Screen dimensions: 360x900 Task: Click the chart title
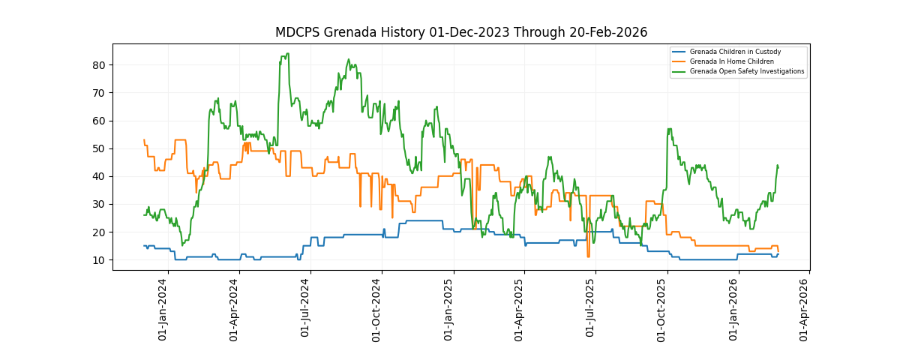460,32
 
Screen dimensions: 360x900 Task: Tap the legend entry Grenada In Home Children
730,61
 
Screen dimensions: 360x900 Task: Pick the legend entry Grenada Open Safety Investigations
747,71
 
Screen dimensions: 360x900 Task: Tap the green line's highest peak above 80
286,54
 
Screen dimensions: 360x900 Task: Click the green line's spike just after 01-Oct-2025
668,129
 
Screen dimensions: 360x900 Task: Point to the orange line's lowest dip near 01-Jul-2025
588,256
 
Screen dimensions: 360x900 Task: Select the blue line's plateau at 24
424,220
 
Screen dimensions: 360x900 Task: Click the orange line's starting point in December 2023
144,140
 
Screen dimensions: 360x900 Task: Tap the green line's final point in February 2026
778,166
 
